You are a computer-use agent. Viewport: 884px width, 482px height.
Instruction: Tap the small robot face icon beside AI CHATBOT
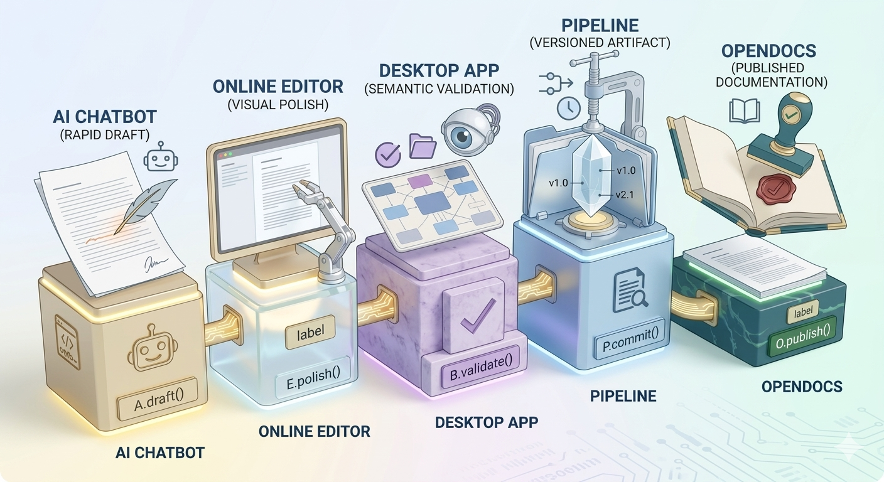tap(160, 157)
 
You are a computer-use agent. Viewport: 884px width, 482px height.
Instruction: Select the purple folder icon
tap(423, 146)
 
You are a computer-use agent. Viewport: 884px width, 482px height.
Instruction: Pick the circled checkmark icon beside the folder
tap(388, 155)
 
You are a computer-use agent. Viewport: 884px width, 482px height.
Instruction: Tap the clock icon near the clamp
tap(568, 109)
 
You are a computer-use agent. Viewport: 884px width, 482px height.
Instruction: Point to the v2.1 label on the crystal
tap(624, 195)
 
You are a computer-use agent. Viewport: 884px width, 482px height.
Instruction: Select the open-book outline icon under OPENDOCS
tap(744, 111)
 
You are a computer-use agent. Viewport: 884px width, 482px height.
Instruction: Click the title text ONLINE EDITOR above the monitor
tap(278, 87)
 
